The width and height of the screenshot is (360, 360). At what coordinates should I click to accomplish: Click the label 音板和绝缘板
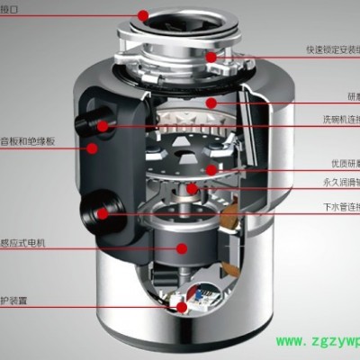[x=28, y=141]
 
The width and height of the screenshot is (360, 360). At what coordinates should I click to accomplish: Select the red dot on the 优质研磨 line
[x=211, y=168]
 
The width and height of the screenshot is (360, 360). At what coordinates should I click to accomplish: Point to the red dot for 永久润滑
[x=190, y=190]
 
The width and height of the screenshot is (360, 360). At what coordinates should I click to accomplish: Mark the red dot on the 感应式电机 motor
[x=183, y=247]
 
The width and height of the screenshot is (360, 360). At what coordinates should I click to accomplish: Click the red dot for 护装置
[x=184, y=307]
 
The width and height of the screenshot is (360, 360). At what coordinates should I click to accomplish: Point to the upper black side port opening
[x=89, y=121]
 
